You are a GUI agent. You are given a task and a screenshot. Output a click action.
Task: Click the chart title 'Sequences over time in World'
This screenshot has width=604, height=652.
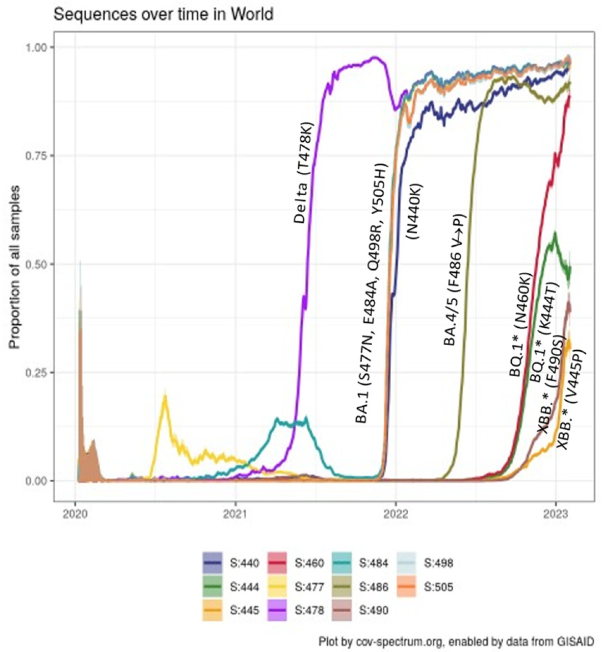point(163,14)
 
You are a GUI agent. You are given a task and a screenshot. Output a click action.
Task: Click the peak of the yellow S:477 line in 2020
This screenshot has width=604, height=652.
point(165,395)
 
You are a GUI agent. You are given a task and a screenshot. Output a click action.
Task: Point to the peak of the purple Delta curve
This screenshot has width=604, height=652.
point(375,57)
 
